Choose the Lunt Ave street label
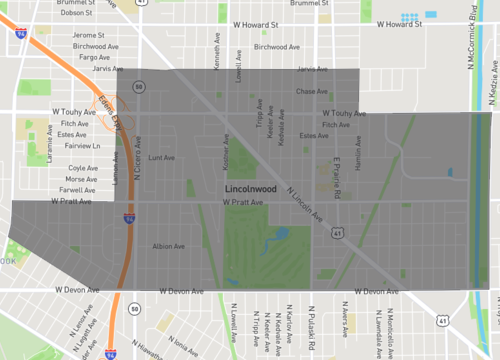point(160,157)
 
